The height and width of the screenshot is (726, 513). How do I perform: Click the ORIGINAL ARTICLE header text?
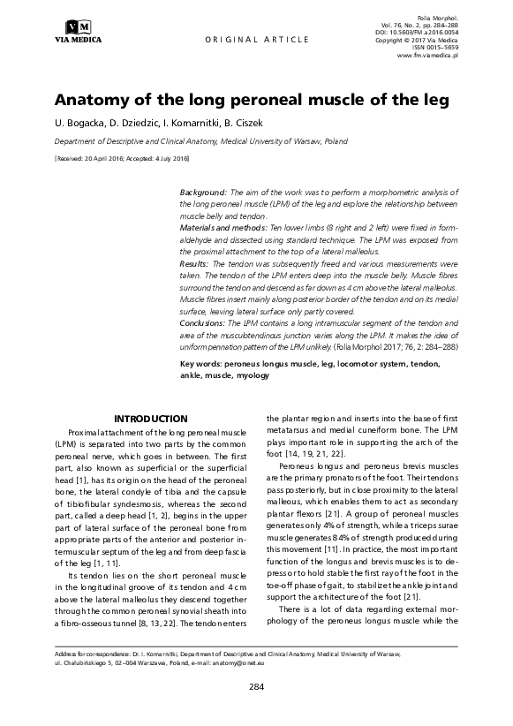[257, 41]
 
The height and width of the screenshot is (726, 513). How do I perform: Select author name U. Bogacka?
[79, 122]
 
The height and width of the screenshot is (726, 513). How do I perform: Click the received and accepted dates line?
[122, 158]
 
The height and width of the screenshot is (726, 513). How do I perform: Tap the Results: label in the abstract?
[194, 263]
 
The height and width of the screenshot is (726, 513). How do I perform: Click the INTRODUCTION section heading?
[151, 419]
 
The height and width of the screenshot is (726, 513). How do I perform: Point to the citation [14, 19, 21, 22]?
[315, 454]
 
